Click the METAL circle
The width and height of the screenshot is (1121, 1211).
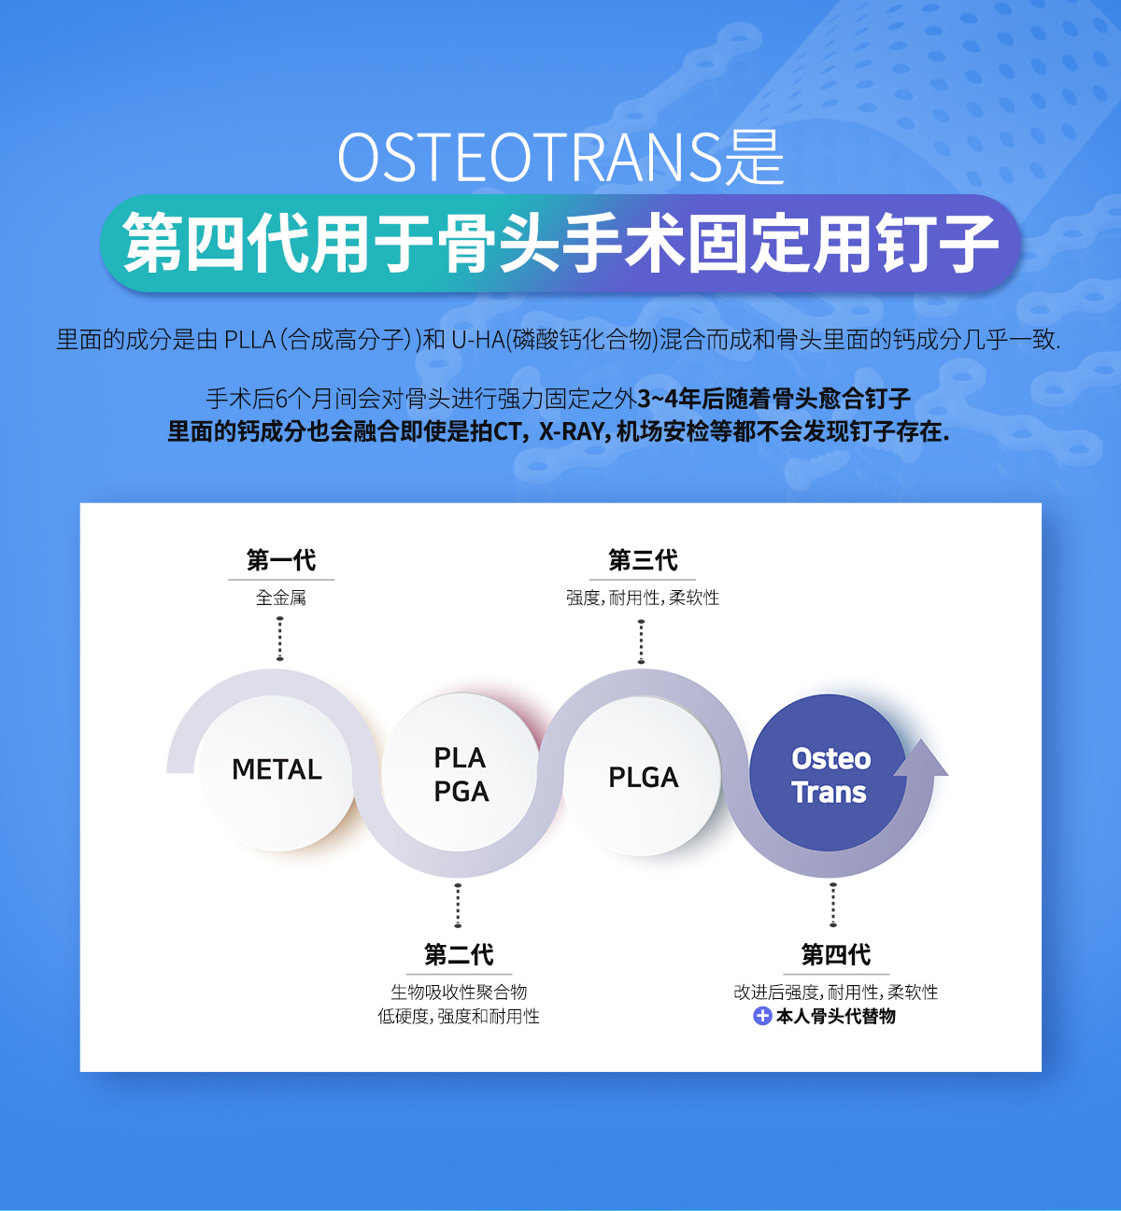point(277,771)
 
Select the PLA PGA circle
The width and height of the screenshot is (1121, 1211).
point(460,773)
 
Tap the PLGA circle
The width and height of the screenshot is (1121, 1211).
point(643,776)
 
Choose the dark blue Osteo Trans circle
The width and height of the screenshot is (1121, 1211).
point(828,773)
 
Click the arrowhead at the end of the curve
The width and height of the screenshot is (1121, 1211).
point(921,760)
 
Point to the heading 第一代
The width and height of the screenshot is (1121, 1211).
point(281,560)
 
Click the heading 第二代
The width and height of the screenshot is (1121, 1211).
point(459,954)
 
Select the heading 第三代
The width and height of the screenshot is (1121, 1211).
point(643,560)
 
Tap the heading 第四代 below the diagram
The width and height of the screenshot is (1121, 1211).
point(836,954)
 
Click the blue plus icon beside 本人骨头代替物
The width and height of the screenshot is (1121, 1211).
point(762,1016)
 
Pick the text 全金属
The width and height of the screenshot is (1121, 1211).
point(280,598)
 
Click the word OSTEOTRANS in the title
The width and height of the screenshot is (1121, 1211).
point(530,158)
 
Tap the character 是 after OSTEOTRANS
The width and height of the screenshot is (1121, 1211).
point(754,158)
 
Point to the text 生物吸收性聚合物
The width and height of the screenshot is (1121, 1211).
point(459,993)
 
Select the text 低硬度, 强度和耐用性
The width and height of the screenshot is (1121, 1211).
point(459,1017)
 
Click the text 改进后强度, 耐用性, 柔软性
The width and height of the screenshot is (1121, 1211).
point(835,993)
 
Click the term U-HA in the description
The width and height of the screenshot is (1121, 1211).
point(478,340)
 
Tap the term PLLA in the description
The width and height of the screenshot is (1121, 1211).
point(249,340)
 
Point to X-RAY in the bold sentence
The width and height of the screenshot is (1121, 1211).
point(571,431)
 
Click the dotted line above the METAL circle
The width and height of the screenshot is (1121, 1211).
point(279,639)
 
